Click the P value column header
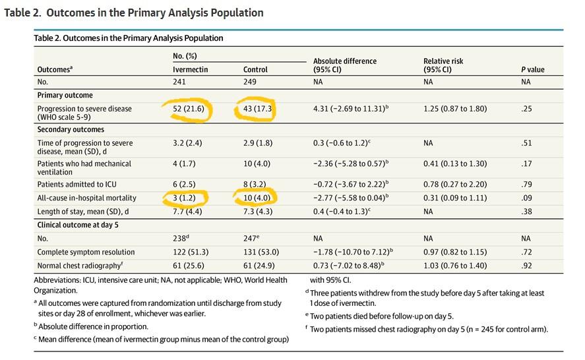pyautogui.click(x=532, y=69)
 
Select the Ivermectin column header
pyautogui.click(x=191, y=69)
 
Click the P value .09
pyautogui.click(x=526, y=197)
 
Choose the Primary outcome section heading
pyautogui.click(x=65, y=95)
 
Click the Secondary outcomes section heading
pyautogui.click(x=71, y=130)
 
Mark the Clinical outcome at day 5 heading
pyautogui.click(x=82, y=225)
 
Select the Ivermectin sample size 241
pyautogui.click(x=179, y=82)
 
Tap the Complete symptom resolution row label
pyautogui.click(x=86, y=252)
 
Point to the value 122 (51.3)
pyautogui.click(x=192, y=252)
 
